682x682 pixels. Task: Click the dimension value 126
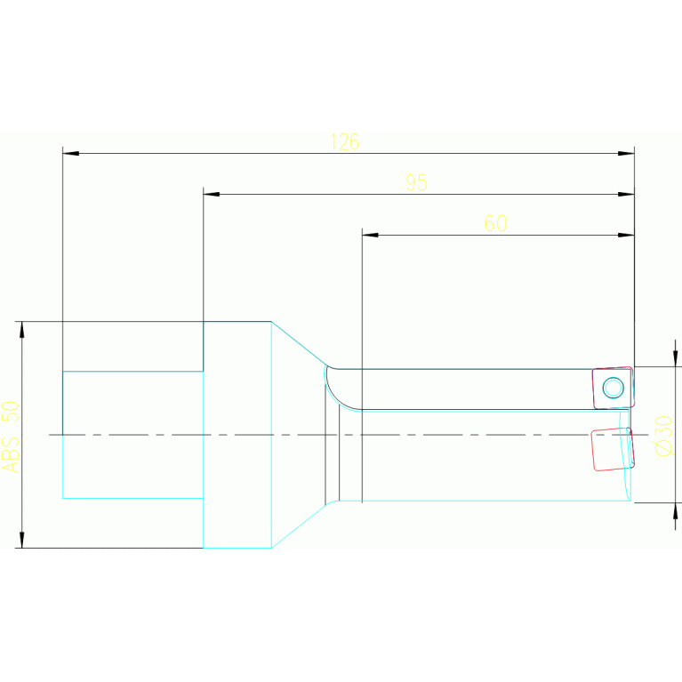(x=344, y=141)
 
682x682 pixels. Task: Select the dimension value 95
(x=416, y=182)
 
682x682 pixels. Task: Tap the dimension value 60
(x=495, y=223)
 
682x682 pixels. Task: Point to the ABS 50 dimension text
(x=10, y=435)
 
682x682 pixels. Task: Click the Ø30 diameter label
(x=663, y=435)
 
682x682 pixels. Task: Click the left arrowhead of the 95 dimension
(x=211, y=194)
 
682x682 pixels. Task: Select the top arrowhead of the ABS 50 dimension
(x=22, y=330)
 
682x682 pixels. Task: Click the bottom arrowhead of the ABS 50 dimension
(x=22, y=539)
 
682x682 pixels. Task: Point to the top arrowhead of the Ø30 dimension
(x=675, y=358)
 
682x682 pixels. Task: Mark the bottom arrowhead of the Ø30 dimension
(x=675, y=510)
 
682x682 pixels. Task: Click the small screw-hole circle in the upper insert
(x=613, y=387)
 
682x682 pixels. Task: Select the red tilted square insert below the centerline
(x=612, y=448)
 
